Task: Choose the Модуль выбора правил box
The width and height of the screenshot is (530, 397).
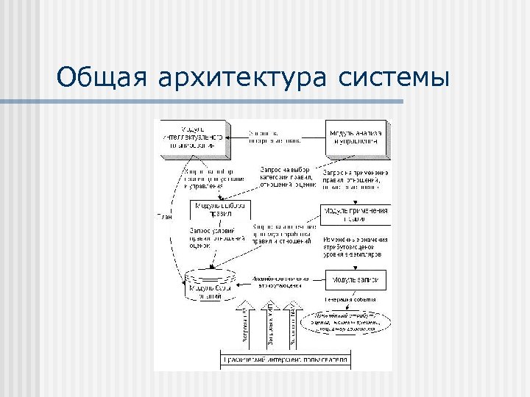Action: [x=219, y=210]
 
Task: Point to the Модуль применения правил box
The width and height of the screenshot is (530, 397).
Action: [x=356, y=214]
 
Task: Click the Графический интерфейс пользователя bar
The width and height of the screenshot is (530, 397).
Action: [x=286, y=360]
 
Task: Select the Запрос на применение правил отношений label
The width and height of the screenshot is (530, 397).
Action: [x=356, y=179]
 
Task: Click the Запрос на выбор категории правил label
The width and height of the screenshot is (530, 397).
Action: [x=288, y=176]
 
